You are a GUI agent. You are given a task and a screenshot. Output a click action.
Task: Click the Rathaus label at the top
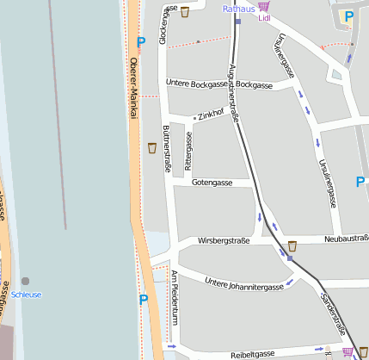point(238,9)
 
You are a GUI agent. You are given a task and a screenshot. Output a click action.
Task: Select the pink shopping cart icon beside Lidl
point(262,6)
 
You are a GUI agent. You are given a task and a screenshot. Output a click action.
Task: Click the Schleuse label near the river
point(26,295)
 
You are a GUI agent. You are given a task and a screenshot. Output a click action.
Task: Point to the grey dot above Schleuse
point(25,281)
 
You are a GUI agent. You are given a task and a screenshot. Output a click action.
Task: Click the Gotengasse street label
point(212,183)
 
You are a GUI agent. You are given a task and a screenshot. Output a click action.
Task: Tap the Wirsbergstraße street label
point(224,241)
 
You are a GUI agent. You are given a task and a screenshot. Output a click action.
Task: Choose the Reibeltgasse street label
point(253,353)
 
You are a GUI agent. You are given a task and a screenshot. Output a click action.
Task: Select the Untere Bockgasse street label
point(199,84)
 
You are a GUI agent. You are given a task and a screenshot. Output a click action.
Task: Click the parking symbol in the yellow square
point(347,16)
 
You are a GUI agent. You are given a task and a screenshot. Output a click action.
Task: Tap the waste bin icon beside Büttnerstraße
point(152,147)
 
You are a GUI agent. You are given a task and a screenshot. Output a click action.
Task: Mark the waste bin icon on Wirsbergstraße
point(292,245)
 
